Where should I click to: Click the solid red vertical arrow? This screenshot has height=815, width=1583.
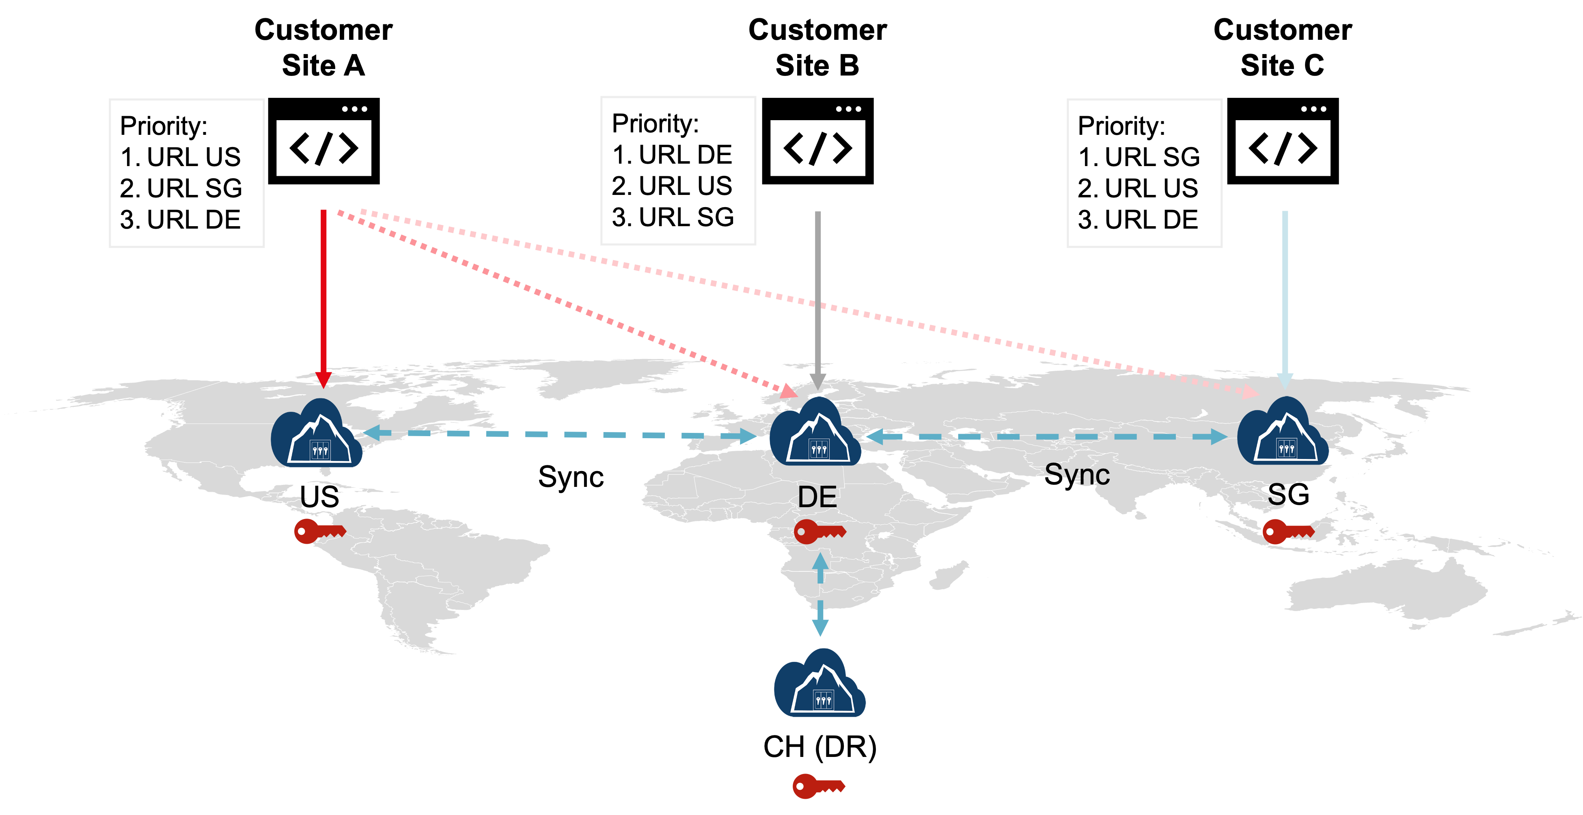323,295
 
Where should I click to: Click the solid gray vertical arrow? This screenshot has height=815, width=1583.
818,295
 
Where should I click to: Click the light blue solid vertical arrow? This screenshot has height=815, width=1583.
1285,295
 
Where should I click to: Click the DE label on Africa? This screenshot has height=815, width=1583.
817,497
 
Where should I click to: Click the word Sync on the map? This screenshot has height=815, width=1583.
1077,474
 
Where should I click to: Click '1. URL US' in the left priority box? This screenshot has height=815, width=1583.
181,157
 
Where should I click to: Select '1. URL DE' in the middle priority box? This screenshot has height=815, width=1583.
672,155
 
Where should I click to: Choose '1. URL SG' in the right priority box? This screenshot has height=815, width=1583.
1139,157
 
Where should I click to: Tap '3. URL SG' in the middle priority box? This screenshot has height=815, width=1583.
673,217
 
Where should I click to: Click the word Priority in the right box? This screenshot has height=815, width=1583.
1121,126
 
